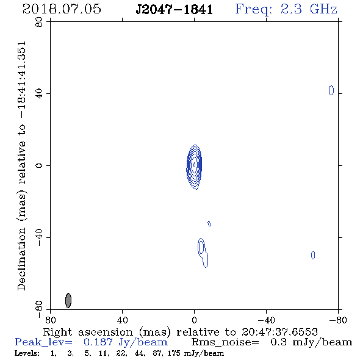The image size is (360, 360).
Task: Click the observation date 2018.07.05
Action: point(62,9)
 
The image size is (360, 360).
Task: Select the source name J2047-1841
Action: point(175,10)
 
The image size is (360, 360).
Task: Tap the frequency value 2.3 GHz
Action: point(309,9)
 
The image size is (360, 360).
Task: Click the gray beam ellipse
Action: point(68,300)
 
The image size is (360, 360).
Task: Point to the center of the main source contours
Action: point(195,165)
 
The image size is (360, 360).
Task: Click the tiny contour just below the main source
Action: point(209,223)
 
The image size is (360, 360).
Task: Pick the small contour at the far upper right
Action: point(331,90)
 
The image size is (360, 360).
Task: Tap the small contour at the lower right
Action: point(312,255)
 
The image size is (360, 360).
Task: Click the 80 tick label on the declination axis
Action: point(39,22)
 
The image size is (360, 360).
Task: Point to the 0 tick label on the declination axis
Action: point(39,165)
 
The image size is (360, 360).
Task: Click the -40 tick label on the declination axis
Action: point(39,237)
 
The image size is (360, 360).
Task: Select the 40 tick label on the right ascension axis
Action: point(122,320)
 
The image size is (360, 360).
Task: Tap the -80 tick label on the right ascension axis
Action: point(338,320)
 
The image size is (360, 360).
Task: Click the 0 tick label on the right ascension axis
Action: point(194,320)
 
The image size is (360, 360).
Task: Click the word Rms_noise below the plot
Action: point(225,342)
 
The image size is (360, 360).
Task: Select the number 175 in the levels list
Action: point(174,353)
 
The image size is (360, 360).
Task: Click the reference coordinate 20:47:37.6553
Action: point(279,332)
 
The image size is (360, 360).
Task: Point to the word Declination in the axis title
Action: point(21,259)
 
